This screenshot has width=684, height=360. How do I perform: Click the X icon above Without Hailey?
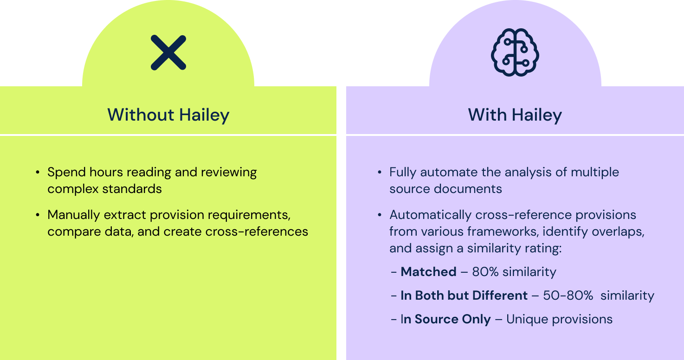[x=168, y=52]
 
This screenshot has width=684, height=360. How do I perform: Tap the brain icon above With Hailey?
[x=515, y=53]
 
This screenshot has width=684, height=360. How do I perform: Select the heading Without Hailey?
[x=168, y=115]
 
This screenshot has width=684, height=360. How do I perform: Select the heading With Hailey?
[x=515, y=115]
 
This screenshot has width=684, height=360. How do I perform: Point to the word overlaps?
[x=619, y=231]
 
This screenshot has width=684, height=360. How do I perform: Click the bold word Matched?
[x=428, y=272]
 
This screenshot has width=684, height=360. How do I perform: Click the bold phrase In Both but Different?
[x=464, y=296]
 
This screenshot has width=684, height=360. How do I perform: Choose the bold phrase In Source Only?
[x=446, y=319]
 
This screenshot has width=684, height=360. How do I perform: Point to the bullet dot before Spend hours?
[x=38, y=173]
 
